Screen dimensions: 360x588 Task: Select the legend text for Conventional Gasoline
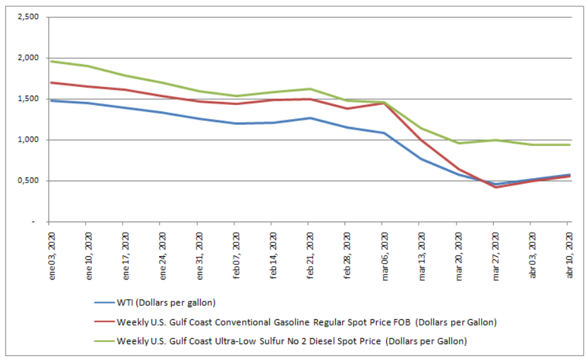[x=307, y=322]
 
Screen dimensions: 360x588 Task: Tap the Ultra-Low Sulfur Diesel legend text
[x=292, y=341]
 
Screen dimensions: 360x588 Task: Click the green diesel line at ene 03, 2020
[x=50, y=61]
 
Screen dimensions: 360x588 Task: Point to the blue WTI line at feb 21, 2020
[x=309, y=118]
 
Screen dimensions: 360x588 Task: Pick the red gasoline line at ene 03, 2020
[x=50, y=82]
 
